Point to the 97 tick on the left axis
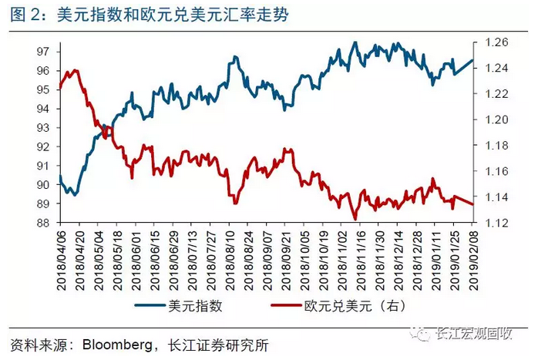point(43,51)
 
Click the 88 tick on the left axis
point(43,224)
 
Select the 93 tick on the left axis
point(43,127)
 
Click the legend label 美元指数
point(194,306)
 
